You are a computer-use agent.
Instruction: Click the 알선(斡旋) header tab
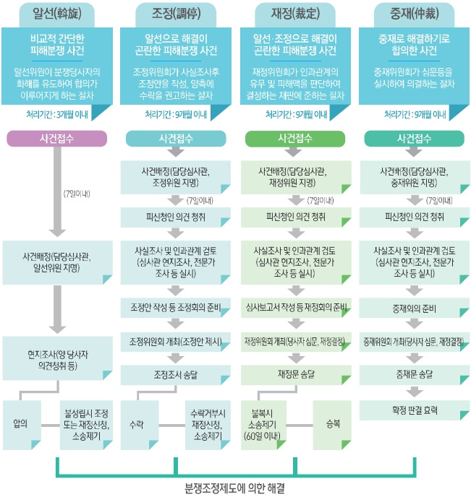pyautogui.click(x=56, y=12)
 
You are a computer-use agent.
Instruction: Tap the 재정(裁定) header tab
pyautogui.click(x=294, y=12)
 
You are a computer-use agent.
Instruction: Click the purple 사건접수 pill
pyautogui.click(x=56, y=138)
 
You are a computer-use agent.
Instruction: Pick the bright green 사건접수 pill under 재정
pyautogui.click(x=294, y=138)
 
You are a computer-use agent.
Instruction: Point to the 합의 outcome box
pyautogui.click(x=20, y=424)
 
